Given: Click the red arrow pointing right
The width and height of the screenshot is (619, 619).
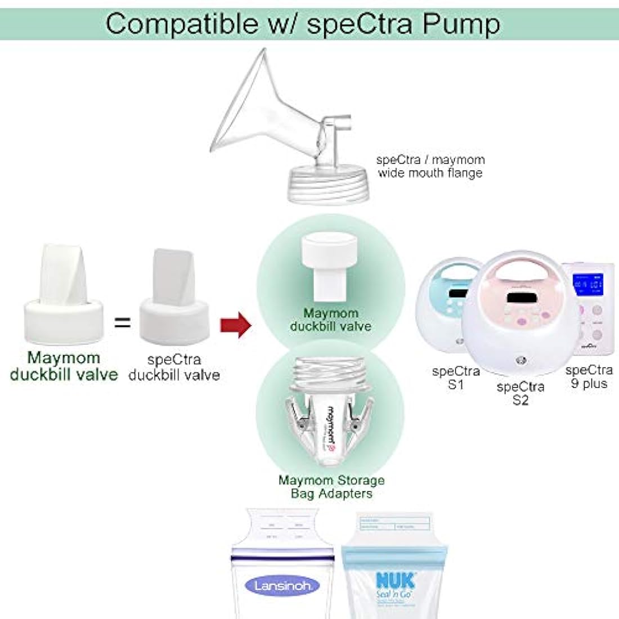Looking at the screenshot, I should point(235,325).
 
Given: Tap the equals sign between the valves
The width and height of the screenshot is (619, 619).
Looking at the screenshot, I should point(122,322).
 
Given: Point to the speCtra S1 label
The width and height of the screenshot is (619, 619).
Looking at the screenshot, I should point(456,378).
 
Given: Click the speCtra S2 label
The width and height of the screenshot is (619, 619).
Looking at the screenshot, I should point(521,393).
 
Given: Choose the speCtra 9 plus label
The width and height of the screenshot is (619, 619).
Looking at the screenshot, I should point(589,376).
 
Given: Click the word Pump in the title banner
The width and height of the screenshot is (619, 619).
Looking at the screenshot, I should point(461,24).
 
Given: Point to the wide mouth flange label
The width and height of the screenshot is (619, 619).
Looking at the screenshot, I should point(430,167).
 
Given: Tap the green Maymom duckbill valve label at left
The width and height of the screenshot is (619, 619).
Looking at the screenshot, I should point(64,366).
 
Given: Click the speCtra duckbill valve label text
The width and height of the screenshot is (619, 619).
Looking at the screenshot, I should point(174,367).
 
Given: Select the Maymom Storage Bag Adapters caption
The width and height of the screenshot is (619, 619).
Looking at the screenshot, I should point(331,487).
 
